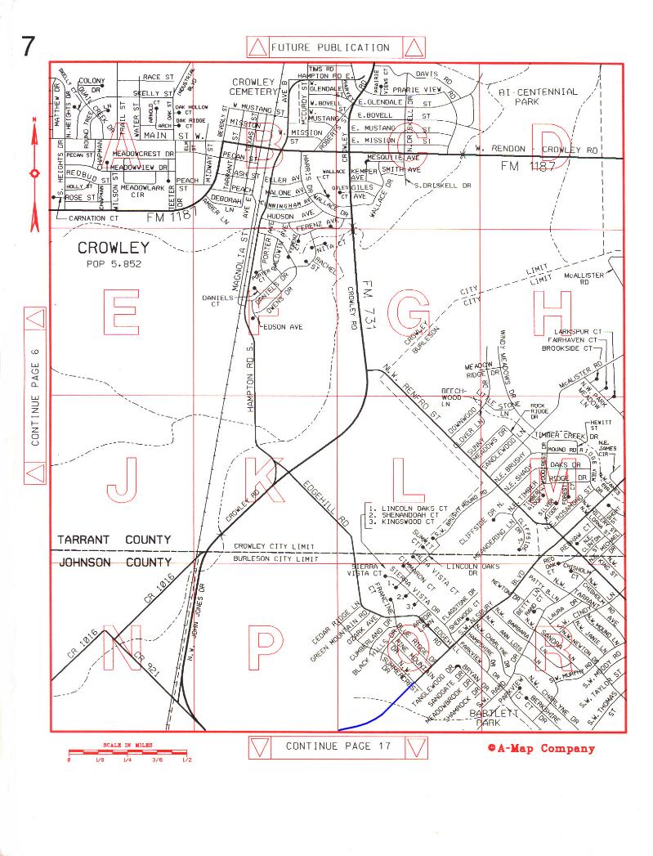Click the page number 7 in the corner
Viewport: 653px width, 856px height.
pyautogui.click(x=29, y=47)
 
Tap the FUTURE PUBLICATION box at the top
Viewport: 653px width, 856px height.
pyautogui.click(x=330, y=47)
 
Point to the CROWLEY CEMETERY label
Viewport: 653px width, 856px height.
pyautogui.click(x=255, y=87)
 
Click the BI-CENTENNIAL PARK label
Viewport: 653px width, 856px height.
pyautogui.click(x=538, y=97)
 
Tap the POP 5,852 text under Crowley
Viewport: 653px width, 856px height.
pyautogui.click(x=113, y=265)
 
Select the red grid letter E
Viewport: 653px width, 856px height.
pyautogui.click(x=123, y=312)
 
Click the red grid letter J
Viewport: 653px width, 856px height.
pyautogui.click(x=121, y=479)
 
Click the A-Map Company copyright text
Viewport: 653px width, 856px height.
pyautogui.click(x=541, y=748)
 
